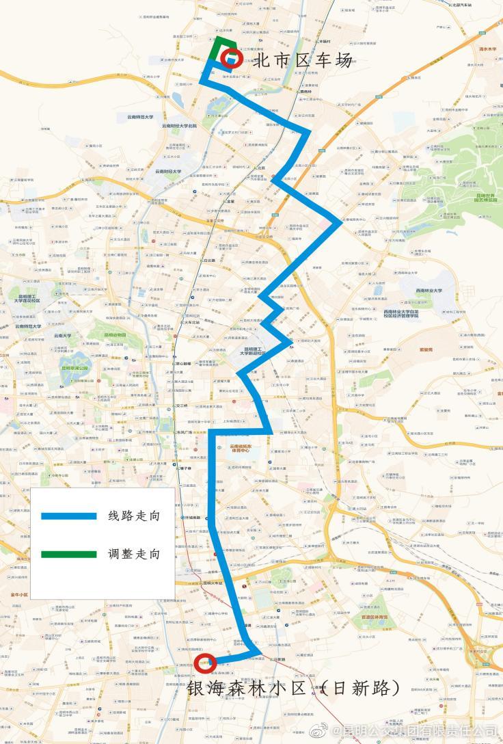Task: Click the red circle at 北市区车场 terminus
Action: click(230, 58)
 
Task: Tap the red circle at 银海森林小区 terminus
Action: click(206, 663)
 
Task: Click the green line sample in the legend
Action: click(68, 554)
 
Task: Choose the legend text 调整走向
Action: click(134, 554)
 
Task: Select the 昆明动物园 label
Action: click(114, 335)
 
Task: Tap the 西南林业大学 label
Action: click(427, 291)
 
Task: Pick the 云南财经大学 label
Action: click(167, 172)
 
